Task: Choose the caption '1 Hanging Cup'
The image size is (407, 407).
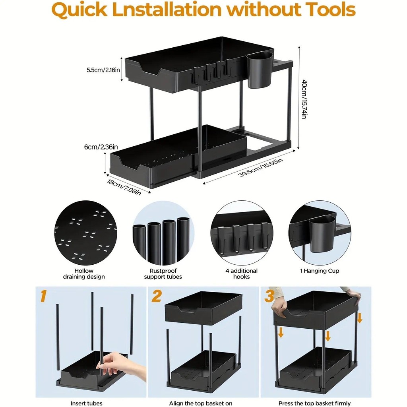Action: [x=320, y=271]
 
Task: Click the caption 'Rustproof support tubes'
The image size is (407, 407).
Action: [x=163, y=273]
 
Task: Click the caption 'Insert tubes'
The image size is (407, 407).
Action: [x=86, y=403]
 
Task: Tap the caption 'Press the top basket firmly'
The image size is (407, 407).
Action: [x=314, y=403]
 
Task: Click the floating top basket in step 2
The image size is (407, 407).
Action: [x=203, y=308]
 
